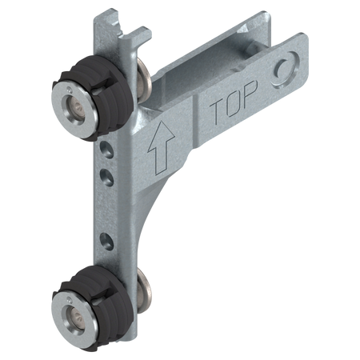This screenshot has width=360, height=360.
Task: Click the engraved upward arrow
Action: coord(161,147)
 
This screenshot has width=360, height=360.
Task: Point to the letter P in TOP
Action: coord(250,93)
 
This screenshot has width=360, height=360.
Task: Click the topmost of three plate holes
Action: coord(107,150)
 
